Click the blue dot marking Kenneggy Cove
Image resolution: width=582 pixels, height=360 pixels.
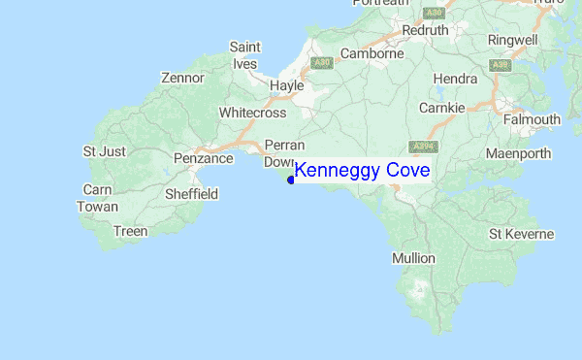point(291,180)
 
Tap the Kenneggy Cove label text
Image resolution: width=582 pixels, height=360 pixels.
point(362,171)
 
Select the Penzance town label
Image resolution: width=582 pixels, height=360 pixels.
point(204,158)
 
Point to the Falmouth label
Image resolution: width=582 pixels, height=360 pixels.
point(532,119)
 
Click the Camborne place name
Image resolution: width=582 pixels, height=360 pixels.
point(371,54)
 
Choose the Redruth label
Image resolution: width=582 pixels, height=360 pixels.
point(426,30)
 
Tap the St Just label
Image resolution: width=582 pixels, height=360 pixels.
point(104,151)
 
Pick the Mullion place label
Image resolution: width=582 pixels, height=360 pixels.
point(419,258)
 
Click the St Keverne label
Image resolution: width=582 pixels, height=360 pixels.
point(521,234)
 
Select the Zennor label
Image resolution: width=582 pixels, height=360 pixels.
point(183,78)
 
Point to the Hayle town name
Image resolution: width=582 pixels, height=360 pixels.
point(286,85)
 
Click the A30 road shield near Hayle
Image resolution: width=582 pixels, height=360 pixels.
point(322,63)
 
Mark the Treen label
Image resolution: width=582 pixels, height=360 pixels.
point(130,231)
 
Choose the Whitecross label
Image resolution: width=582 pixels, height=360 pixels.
point(252,113)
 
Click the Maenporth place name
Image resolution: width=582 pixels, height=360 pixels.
point(518,153)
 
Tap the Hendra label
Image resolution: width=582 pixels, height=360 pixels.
point(456,78)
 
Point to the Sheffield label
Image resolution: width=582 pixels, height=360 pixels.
point(190,194)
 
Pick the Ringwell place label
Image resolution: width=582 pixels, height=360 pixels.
point(513,40)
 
